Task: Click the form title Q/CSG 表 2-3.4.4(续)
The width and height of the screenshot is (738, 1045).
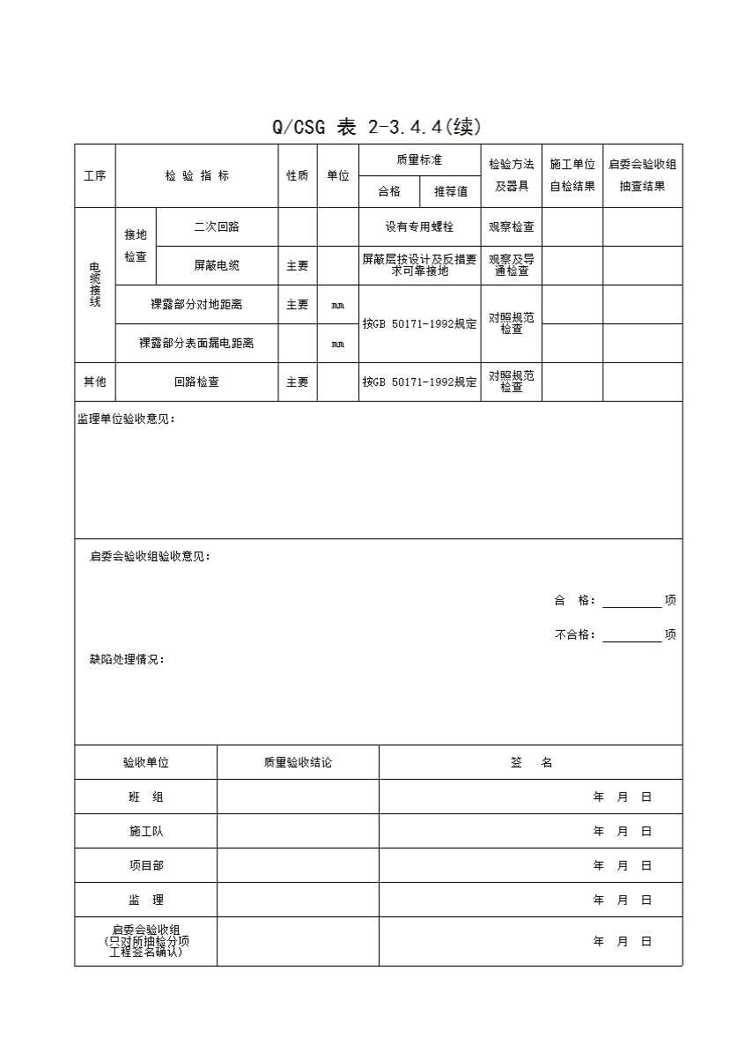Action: pos(377,127)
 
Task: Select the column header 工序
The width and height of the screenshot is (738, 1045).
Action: pos(94,175)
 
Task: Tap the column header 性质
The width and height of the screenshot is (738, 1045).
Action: pos(297,175)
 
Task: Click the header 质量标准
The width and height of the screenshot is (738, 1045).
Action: pos(419,159)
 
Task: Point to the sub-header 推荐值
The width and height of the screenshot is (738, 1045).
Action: pos(450,191)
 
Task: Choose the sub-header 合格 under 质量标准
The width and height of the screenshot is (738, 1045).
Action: pos(388,191)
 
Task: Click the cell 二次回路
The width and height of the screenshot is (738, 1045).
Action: pos(217,226)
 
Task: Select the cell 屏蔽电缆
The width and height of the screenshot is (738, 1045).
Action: pos(217,265)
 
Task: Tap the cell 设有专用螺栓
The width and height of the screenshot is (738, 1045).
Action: pos(419,226)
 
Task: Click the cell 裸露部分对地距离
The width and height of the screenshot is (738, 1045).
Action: pos(196,305)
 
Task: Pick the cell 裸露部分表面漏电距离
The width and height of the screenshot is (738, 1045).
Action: pos(196,343)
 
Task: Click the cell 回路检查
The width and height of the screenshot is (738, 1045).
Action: pos(196,382)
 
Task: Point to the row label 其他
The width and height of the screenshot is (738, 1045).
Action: pos(94,382)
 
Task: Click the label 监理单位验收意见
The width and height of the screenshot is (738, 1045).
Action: pos(126,419)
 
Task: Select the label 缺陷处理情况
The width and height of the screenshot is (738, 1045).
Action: pos(127,659)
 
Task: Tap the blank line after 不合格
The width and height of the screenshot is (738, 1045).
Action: pos(631,635)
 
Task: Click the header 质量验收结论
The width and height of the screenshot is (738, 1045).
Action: pos(298,762)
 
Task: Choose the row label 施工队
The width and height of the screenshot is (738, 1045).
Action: pos(145,831)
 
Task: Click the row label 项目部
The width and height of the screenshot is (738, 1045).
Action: pos(145,865)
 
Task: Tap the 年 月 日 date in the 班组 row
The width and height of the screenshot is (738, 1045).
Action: pos(622,797)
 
